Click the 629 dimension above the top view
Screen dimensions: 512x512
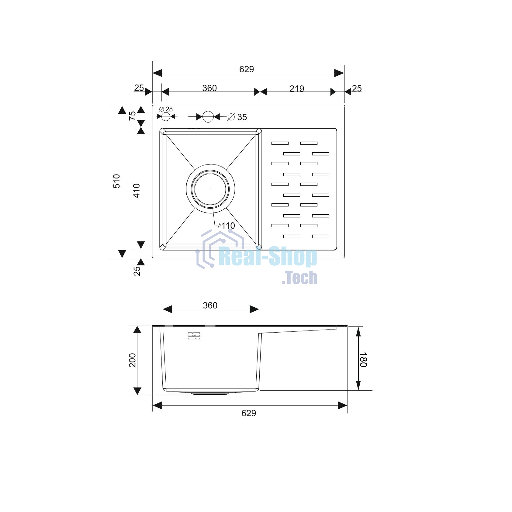tap(246, 69)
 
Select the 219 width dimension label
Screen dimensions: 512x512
tap(296, 88)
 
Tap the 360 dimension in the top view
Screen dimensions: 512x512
tap(209, 88)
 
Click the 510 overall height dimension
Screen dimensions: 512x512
tap(117, 181)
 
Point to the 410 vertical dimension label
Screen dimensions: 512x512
tap(137, 191)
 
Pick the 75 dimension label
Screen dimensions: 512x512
tap(132, 116)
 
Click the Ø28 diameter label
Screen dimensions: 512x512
tap(166, 109)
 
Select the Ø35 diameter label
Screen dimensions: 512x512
tap(237, 117)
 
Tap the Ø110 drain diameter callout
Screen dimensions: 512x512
tap(226, 226)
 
